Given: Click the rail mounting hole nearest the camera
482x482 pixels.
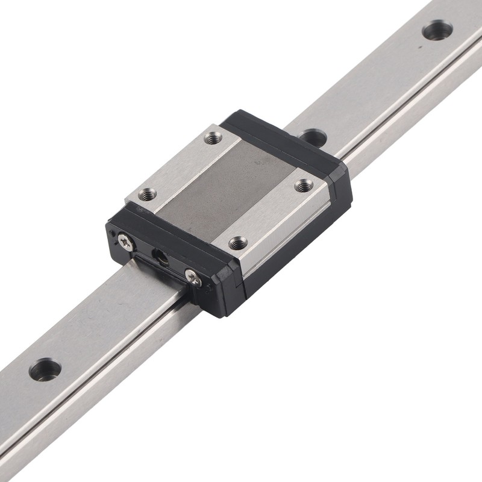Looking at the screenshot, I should point(45,369).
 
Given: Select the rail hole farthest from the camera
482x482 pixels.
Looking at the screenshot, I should point(437,30).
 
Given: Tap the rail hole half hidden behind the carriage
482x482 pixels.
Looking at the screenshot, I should point(314,136).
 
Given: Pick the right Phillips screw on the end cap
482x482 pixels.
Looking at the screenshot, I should point(193,277).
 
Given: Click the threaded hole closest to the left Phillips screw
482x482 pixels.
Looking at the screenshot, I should point(147,194).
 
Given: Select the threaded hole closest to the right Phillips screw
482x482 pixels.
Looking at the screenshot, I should point(238,243).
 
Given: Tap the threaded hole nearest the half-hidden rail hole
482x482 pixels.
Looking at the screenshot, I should point(304,186).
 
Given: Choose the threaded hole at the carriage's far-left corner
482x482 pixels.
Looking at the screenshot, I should point(213,139).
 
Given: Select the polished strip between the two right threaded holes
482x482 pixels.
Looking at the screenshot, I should point(271,214).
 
